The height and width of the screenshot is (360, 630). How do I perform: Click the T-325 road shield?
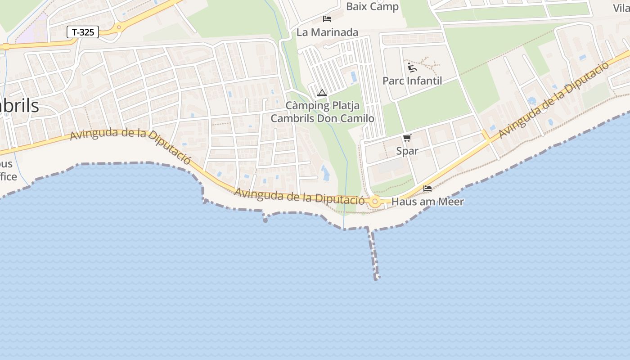[x=83, y=32]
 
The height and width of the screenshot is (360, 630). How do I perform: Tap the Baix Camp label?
[x=372, y=7]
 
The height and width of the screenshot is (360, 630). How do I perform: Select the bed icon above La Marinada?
[x=327, y=19]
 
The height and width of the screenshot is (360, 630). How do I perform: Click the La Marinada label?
[x=327, y=32]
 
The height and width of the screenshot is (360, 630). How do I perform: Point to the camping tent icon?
[x=322, y=93]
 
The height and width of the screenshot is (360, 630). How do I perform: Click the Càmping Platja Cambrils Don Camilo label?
[x=322, y=112]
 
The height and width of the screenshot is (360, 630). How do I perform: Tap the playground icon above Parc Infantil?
[x=412, y=67]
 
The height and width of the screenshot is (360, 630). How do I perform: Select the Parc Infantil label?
[x=412, y=81]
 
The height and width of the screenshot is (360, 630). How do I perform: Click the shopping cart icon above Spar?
[x=407, y=138]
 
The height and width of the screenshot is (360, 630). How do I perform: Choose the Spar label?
[x=407, y=151]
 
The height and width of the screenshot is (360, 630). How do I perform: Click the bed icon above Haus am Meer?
[x=427, y=188]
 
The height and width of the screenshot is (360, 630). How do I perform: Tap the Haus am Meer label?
[x=427, y=202]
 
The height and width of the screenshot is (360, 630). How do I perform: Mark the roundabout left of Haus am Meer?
[x=375, y=202]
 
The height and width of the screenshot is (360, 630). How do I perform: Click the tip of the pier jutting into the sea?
[x=377, y=278]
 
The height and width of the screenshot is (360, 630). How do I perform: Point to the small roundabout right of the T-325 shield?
[x=119, y=27]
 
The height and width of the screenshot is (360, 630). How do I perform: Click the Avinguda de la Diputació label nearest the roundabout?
[x=299, y=197]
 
